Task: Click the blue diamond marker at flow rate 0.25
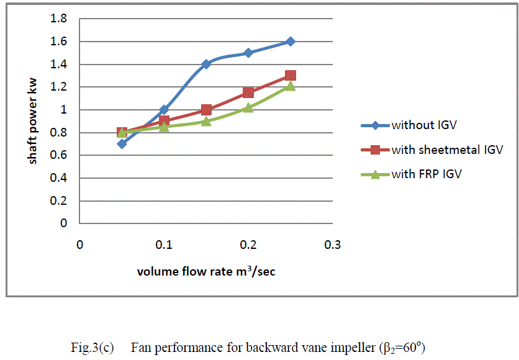[290, 42]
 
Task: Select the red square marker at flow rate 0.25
[290, 76]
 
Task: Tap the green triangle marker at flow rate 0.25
[290, 86]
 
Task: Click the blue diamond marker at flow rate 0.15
[206, 64]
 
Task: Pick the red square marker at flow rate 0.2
[248, 92]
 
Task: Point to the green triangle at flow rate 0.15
[206, 121]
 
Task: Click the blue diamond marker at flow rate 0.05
[122, 143]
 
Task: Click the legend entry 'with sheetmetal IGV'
[446, 150]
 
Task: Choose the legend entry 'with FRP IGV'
[426, 174]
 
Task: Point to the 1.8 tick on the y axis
[59, 19]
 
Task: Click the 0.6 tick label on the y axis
[59, 155]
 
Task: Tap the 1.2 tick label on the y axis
[59, 87]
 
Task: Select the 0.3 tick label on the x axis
[332, 245]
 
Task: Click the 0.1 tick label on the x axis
[164, 245]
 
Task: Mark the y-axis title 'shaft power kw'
[32, 122]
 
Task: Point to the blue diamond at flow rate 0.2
[248, 53]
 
